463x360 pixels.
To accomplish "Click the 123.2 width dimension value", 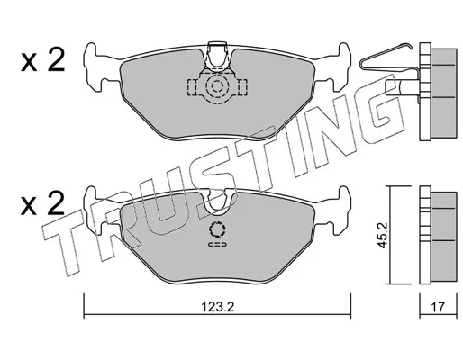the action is pyautogui.click(x=217, y=307).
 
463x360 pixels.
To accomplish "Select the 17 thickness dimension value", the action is pyautogui.click(x=438, y=307).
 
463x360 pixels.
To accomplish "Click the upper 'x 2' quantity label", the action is pyautogui.click(x=43, y=60).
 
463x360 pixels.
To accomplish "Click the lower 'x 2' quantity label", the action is pyautogui.click(x=43, y=203).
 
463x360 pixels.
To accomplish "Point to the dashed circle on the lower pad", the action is pyautogui.click(x=217, y=230).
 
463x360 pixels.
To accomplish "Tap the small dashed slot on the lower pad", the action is pyautogui.click(x=217, y=245).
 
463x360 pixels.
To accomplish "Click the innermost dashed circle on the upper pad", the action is pyautogui.click(x=217, y=87).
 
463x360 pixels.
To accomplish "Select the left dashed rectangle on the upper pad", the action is pyautogui.click(x=192, y=87).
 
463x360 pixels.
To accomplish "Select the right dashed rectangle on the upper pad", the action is pyautogui.click(x=242, y=87).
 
